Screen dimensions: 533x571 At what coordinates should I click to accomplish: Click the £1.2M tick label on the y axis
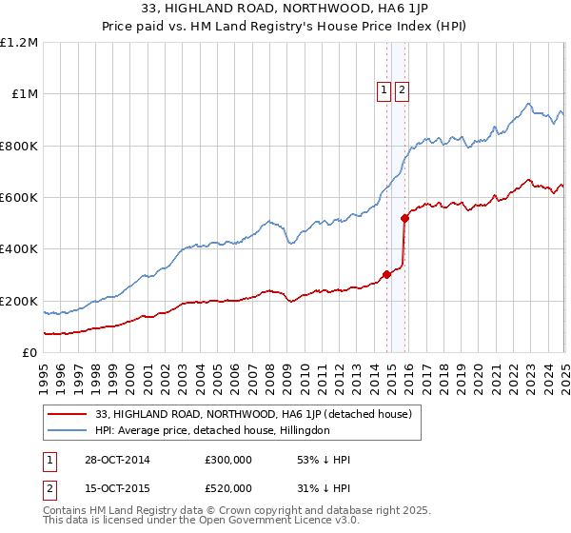pyautogui.click(x=19, y=43)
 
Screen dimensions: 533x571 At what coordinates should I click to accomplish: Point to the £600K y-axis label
pyautogui.click(x=19, y=198)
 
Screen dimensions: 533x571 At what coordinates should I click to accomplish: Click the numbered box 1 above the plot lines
pyautogui.click(x=384, y=90)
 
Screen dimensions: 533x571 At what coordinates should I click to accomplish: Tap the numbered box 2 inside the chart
pyautogui.click(x=402, y=90)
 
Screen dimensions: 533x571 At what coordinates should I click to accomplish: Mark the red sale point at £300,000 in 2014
pyautogui.click(x=387, y=275)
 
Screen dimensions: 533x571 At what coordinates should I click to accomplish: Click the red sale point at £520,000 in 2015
pyautogui.click(x=404, y=218)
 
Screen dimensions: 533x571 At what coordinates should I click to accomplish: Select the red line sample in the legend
pyautogui.click(x=67, y=414)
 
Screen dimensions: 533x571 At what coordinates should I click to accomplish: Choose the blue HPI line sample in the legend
pyautogui.click(x=67, y=430)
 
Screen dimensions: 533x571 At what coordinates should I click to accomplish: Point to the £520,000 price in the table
pyautogui.click(x=228, y=487)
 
